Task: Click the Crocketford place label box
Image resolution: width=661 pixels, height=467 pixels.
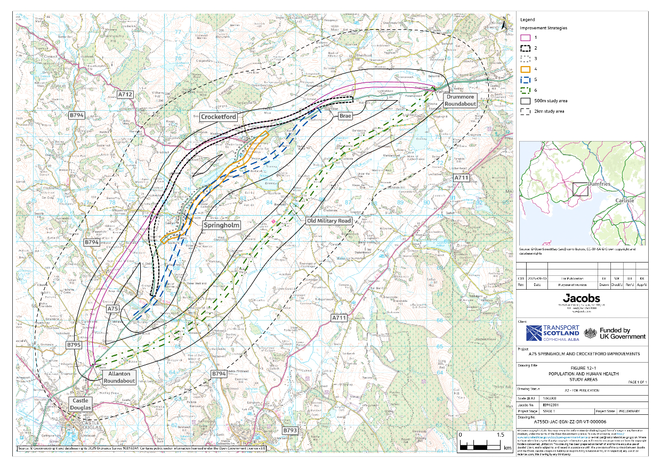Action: coord(219,117)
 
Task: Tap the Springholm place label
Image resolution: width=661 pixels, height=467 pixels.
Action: coord(222,225)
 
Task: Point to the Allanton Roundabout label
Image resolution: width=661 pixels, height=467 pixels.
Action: coord(119,377)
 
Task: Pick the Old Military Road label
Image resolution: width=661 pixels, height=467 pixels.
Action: coord(328,220)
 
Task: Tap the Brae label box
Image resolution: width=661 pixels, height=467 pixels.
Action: coord(345,114)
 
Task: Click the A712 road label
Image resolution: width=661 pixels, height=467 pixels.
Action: coord(125,94)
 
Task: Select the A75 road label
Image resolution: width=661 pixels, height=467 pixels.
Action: coord(113,309)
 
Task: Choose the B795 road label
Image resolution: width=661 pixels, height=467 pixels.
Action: coord(74,345)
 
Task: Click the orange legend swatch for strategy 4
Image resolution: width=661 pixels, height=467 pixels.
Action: coord(525,69)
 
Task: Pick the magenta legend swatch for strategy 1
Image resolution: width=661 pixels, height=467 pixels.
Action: coord(525,37)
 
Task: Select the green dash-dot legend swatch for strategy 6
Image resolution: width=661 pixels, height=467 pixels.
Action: coord(525,90)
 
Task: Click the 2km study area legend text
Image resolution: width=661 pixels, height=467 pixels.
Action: coord(552,111)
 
